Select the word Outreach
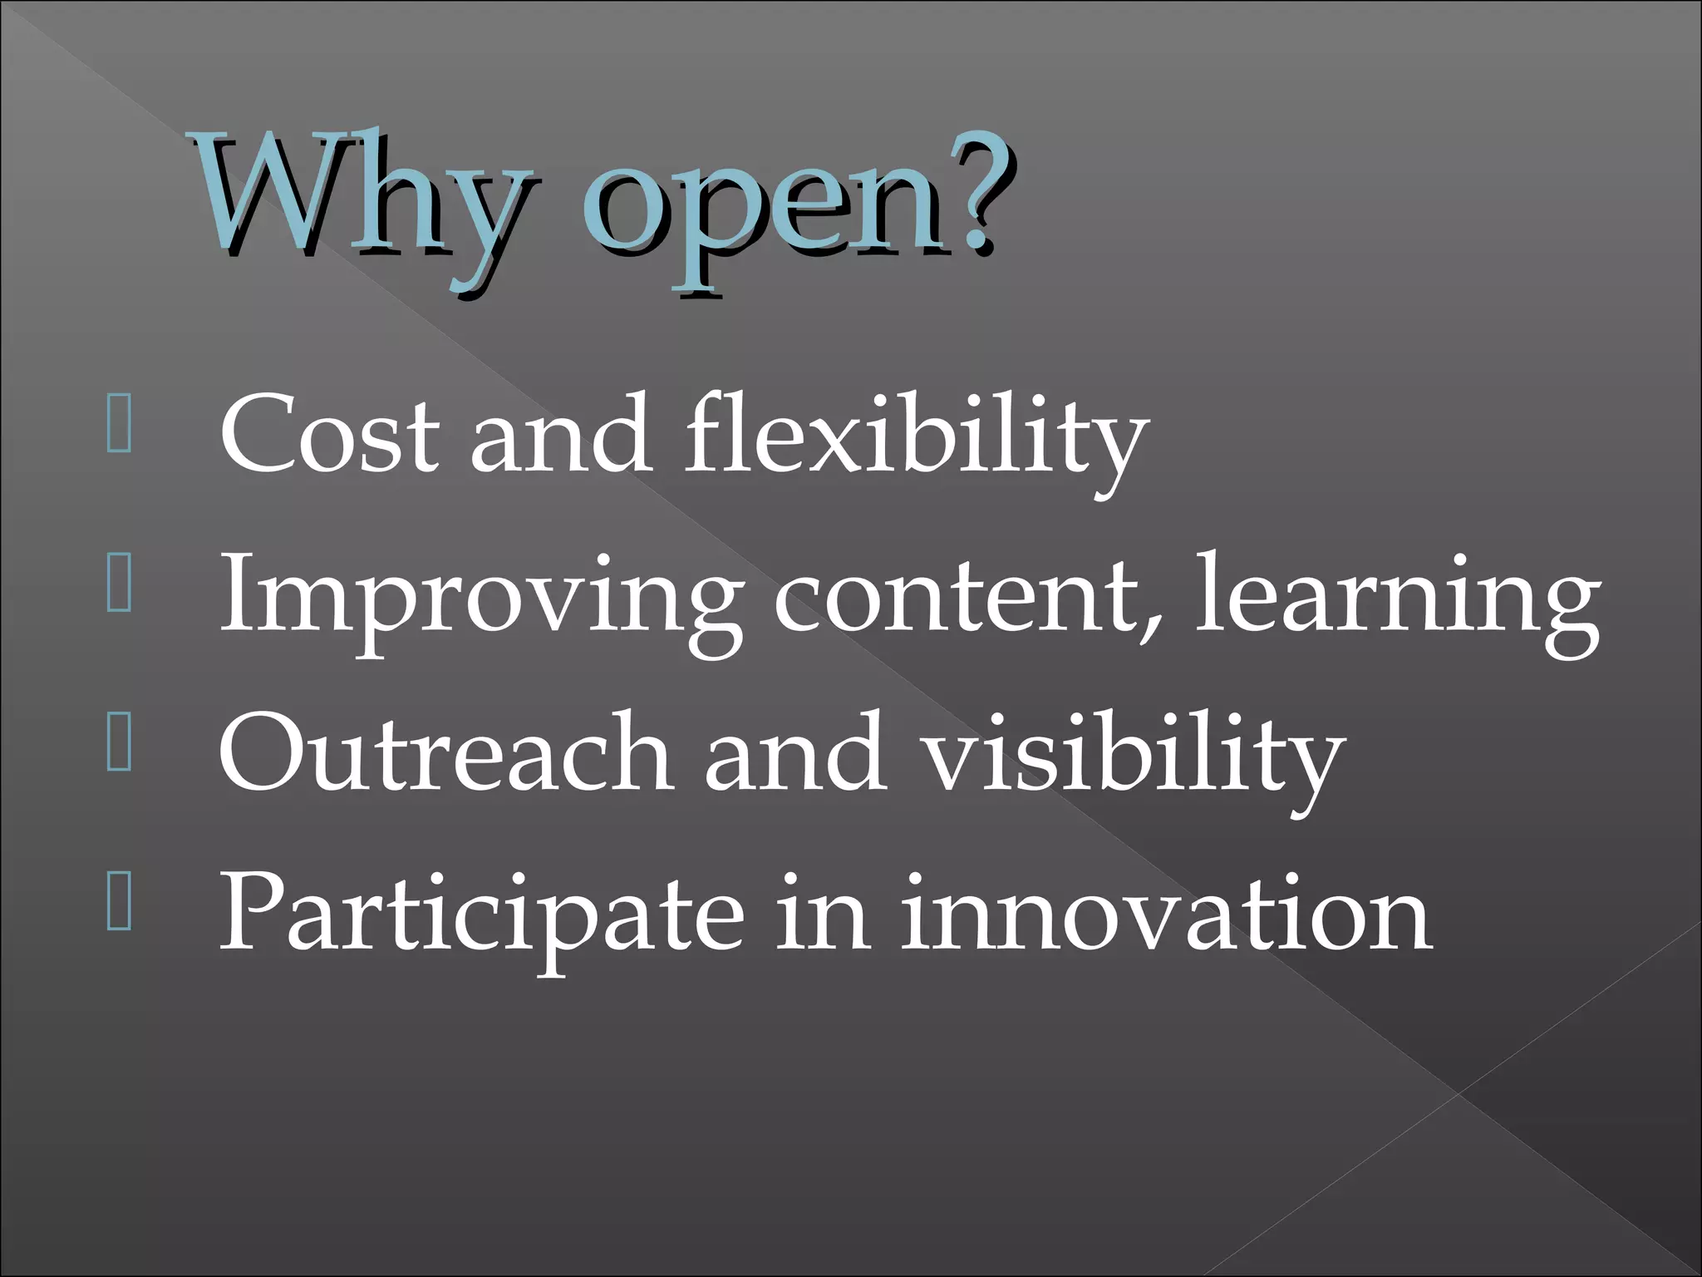[444, 752]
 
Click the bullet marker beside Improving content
[120, 590]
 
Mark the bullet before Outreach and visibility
[120, 747]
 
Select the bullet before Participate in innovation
[120, 907]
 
